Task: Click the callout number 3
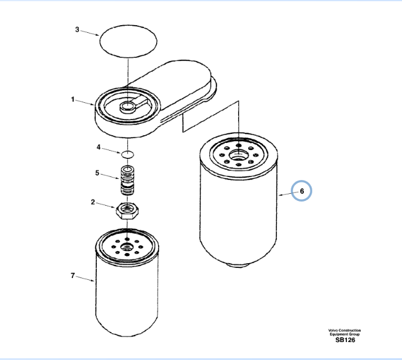coord(77,29)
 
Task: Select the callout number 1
coord(73,99)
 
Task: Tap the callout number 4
coord(99,147)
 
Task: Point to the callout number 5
coord(97,173)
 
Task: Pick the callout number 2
coord(93,202)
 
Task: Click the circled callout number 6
coord(301,191)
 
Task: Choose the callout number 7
coord(73,276)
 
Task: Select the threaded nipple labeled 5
coord(127,180)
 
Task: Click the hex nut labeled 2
coord(127,210)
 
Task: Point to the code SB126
coord(345,340)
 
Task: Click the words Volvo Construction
coord(345,331)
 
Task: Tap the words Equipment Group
coord(345,334)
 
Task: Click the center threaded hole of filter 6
coord(239,155)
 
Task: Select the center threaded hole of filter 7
coord(127,247)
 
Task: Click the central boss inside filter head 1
coord(127,106)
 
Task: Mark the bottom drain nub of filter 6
coord(239,265)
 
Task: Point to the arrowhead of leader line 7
coord(93,281)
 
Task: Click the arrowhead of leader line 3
coord(98,35)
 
